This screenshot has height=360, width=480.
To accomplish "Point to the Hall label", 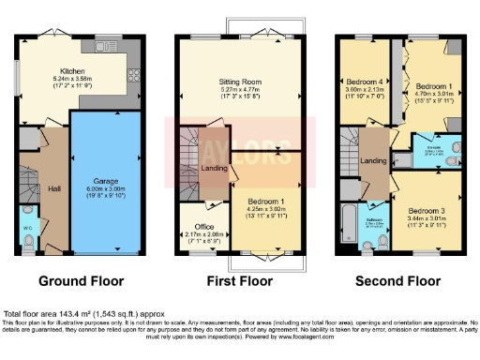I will (53, 187).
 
